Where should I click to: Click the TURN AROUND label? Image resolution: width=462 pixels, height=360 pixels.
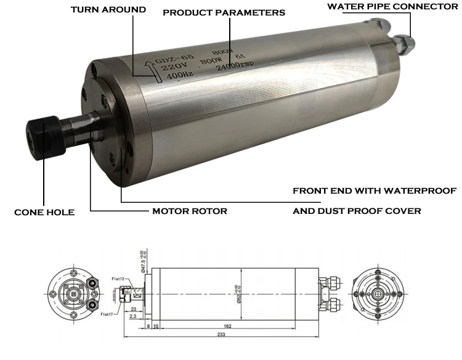[108, 10]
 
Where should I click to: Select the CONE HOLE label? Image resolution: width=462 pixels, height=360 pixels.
[44, 212]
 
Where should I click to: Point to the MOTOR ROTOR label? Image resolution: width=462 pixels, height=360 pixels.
[190, 211]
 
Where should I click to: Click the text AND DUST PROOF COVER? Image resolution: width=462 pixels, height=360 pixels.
[357, 211]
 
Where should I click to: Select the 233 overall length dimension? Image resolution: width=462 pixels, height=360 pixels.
[221, 334]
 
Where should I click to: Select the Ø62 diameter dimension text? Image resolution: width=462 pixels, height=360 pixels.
[237, 291]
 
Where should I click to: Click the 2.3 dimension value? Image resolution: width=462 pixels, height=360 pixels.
[133, 316]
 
